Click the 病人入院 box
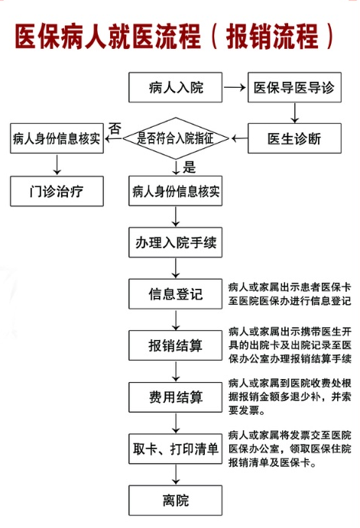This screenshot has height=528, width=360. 175,87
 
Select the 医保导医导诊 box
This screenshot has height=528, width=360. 294,87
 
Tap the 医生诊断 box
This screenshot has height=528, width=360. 294,138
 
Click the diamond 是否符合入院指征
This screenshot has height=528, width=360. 176,138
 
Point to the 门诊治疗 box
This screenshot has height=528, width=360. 57,191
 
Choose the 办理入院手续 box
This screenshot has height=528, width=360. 175,242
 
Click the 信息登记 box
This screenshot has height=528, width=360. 175,294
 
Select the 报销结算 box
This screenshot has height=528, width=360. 175,345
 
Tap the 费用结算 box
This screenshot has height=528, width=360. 175,397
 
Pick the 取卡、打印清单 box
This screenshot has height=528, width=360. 175,449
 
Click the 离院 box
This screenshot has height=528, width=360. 175,500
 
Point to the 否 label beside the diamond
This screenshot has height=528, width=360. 115,128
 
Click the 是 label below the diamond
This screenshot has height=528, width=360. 190,167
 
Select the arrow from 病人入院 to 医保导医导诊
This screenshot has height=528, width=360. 235,88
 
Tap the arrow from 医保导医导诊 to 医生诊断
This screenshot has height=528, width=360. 295,113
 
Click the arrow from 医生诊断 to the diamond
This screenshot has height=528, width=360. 239,138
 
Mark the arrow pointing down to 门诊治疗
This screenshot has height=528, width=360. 57,164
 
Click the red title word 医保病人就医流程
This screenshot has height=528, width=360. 108,37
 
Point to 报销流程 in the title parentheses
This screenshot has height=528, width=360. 272,37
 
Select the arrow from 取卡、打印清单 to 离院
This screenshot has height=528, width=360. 176,475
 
